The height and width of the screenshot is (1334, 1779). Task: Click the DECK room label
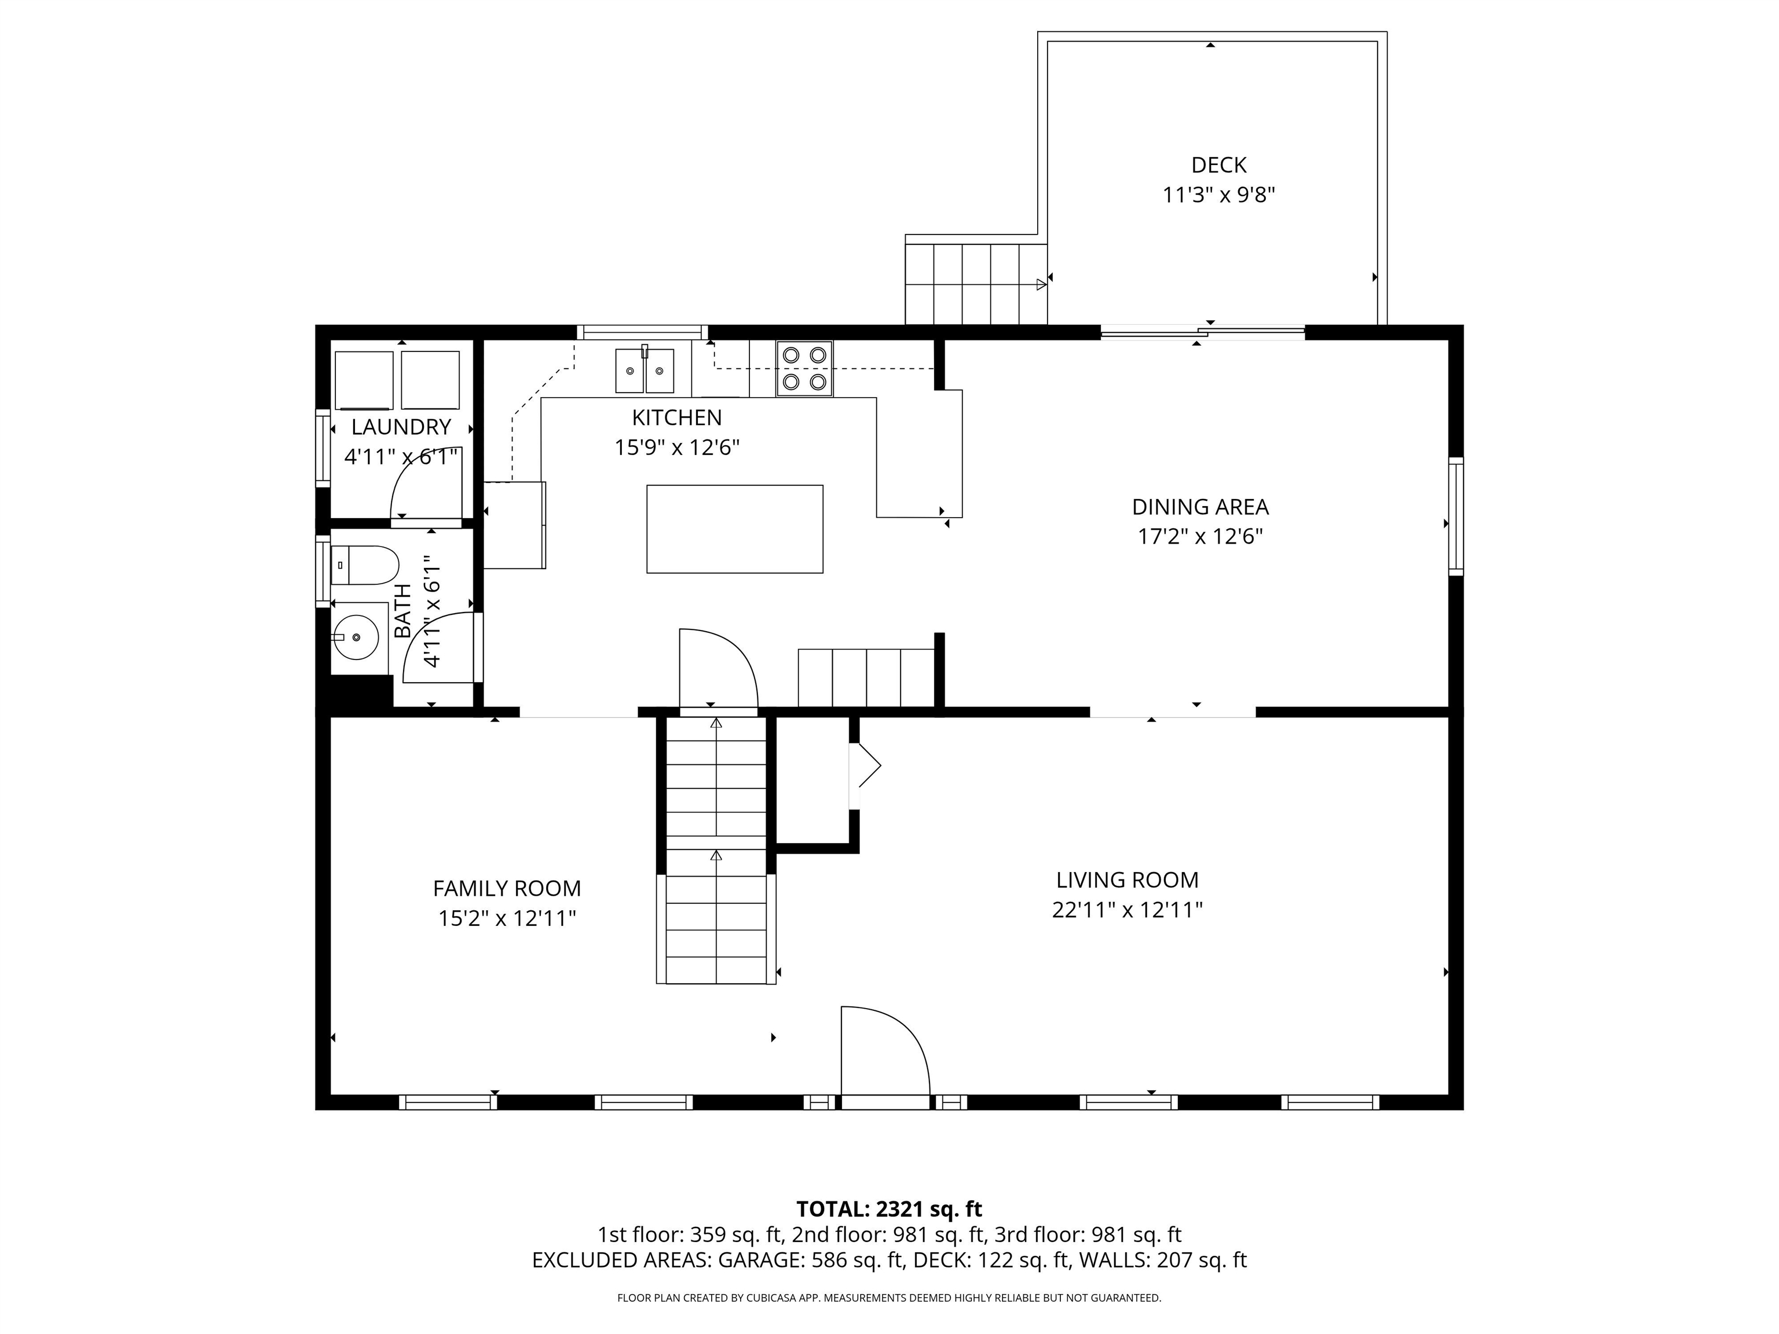point(1218,165)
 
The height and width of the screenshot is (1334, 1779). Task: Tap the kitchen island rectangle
point(734,529)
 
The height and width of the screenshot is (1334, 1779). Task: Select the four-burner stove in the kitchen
point(804,368)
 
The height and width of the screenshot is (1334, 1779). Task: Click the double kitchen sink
point(644,371)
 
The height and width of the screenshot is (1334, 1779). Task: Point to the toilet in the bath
point(365,565)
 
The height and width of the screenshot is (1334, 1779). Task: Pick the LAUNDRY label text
point(401,427)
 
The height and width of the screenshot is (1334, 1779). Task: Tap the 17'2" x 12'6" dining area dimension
point(1200,536)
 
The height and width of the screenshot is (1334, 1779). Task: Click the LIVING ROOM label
point(1127,879)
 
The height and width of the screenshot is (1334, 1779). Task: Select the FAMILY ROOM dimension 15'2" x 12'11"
point(507,918)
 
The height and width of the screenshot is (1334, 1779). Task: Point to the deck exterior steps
point(975,284)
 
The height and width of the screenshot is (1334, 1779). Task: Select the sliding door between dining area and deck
point(1202,331)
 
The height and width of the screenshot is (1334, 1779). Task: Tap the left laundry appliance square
point(364,380)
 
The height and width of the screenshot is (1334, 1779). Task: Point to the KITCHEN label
point(676,417)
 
